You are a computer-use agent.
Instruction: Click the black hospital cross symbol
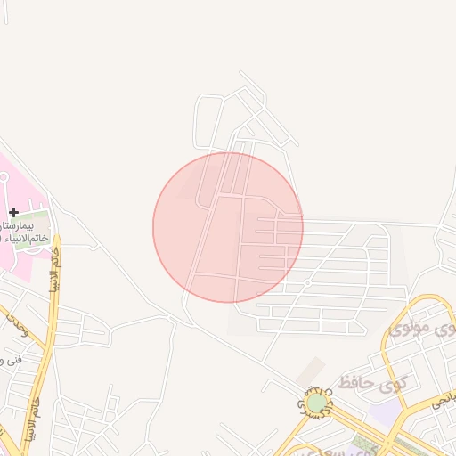(13, 212)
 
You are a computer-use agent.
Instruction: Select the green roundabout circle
(317, 404)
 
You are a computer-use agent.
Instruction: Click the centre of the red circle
(228, 227)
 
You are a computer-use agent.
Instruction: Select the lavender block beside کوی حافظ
(385, 411)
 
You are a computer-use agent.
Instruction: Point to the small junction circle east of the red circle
(306, 282)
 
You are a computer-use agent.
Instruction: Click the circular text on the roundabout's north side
(317, 392)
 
